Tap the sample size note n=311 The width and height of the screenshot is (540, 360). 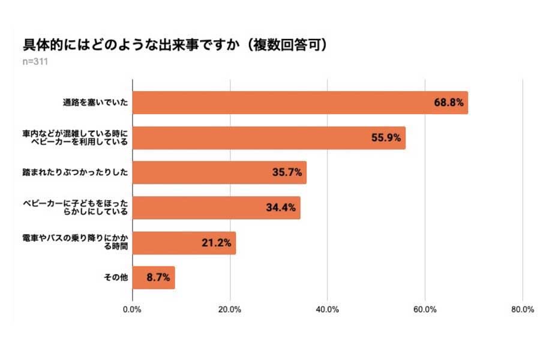click(x=35, y=61)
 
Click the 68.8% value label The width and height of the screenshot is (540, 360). click(x=448, y=103)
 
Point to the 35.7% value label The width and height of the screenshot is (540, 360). click(x=287, y=173)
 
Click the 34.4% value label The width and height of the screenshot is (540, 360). click(x=281, y=208)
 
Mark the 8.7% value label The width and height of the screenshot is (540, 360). click(x=158, y=278)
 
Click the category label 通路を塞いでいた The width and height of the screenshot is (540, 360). click(x=95, y=103)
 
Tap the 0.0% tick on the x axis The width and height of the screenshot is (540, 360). click(x=132, y=310)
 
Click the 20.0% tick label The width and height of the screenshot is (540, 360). click(x=230, y=310)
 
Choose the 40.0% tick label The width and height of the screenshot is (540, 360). click(x=328, y=310)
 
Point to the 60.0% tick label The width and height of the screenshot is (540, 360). click(x=425, y=310)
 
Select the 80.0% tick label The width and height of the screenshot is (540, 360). click(x=522, y=310)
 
